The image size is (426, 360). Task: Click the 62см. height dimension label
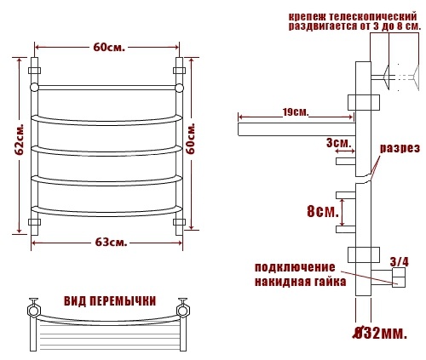pyautogui.click(x=20, y=140)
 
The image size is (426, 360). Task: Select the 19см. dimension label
pyautogui.click(x=296, y=112)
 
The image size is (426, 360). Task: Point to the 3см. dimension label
pyautogui.click(x=339, y=143)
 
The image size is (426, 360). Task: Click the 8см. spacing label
pyautogui.click(x=323, y=211)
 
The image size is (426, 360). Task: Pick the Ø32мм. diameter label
pyautogui.click(x=380, y=334)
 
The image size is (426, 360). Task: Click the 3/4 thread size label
pyautogui.click(x=400, y=262)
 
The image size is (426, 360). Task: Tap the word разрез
pyautogui.click(x=400, y=148)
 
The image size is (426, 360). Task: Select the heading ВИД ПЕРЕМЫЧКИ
pyautogui.click(x=110, y=301)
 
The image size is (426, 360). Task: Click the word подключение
pyautogui.click(x=295, y=267)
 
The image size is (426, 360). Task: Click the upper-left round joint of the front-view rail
pyautogui.click(x=34, y=87)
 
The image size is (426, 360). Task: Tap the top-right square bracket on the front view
pyautogui.click(x=179, y=71)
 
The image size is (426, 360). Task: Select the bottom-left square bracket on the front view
pyautogui.click(x=34, y=222)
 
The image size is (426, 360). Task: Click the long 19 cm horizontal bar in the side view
pyautogui.click(x=296, y=129)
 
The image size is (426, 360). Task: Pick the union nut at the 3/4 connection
pyautogui.click(x=399, y=277)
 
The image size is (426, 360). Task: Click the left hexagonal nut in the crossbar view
pyautogui.click(x=33, y=310)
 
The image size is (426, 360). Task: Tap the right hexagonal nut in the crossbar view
pyautogui.click(x=182, y=310)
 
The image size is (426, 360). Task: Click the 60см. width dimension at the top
pyautogui.click(x=109, y=47)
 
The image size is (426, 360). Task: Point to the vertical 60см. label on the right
pyautogui.click(x=192, y=138)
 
